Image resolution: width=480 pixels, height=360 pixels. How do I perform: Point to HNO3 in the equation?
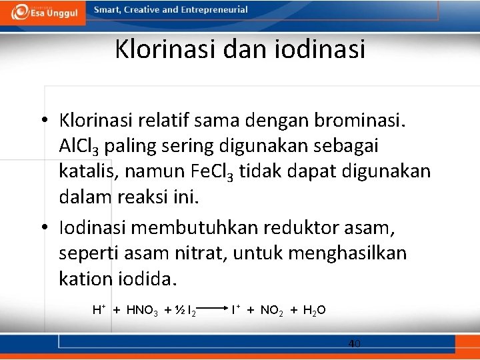click(x=141, y=311)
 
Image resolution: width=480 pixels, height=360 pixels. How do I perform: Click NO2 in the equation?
click(x=272, y=311)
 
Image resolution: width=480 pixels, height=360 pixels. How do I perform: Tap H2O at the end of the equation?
click(x=314, y=311)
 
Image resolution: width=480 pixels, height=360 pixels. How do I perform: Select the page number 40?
click(x=354, y=344)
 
